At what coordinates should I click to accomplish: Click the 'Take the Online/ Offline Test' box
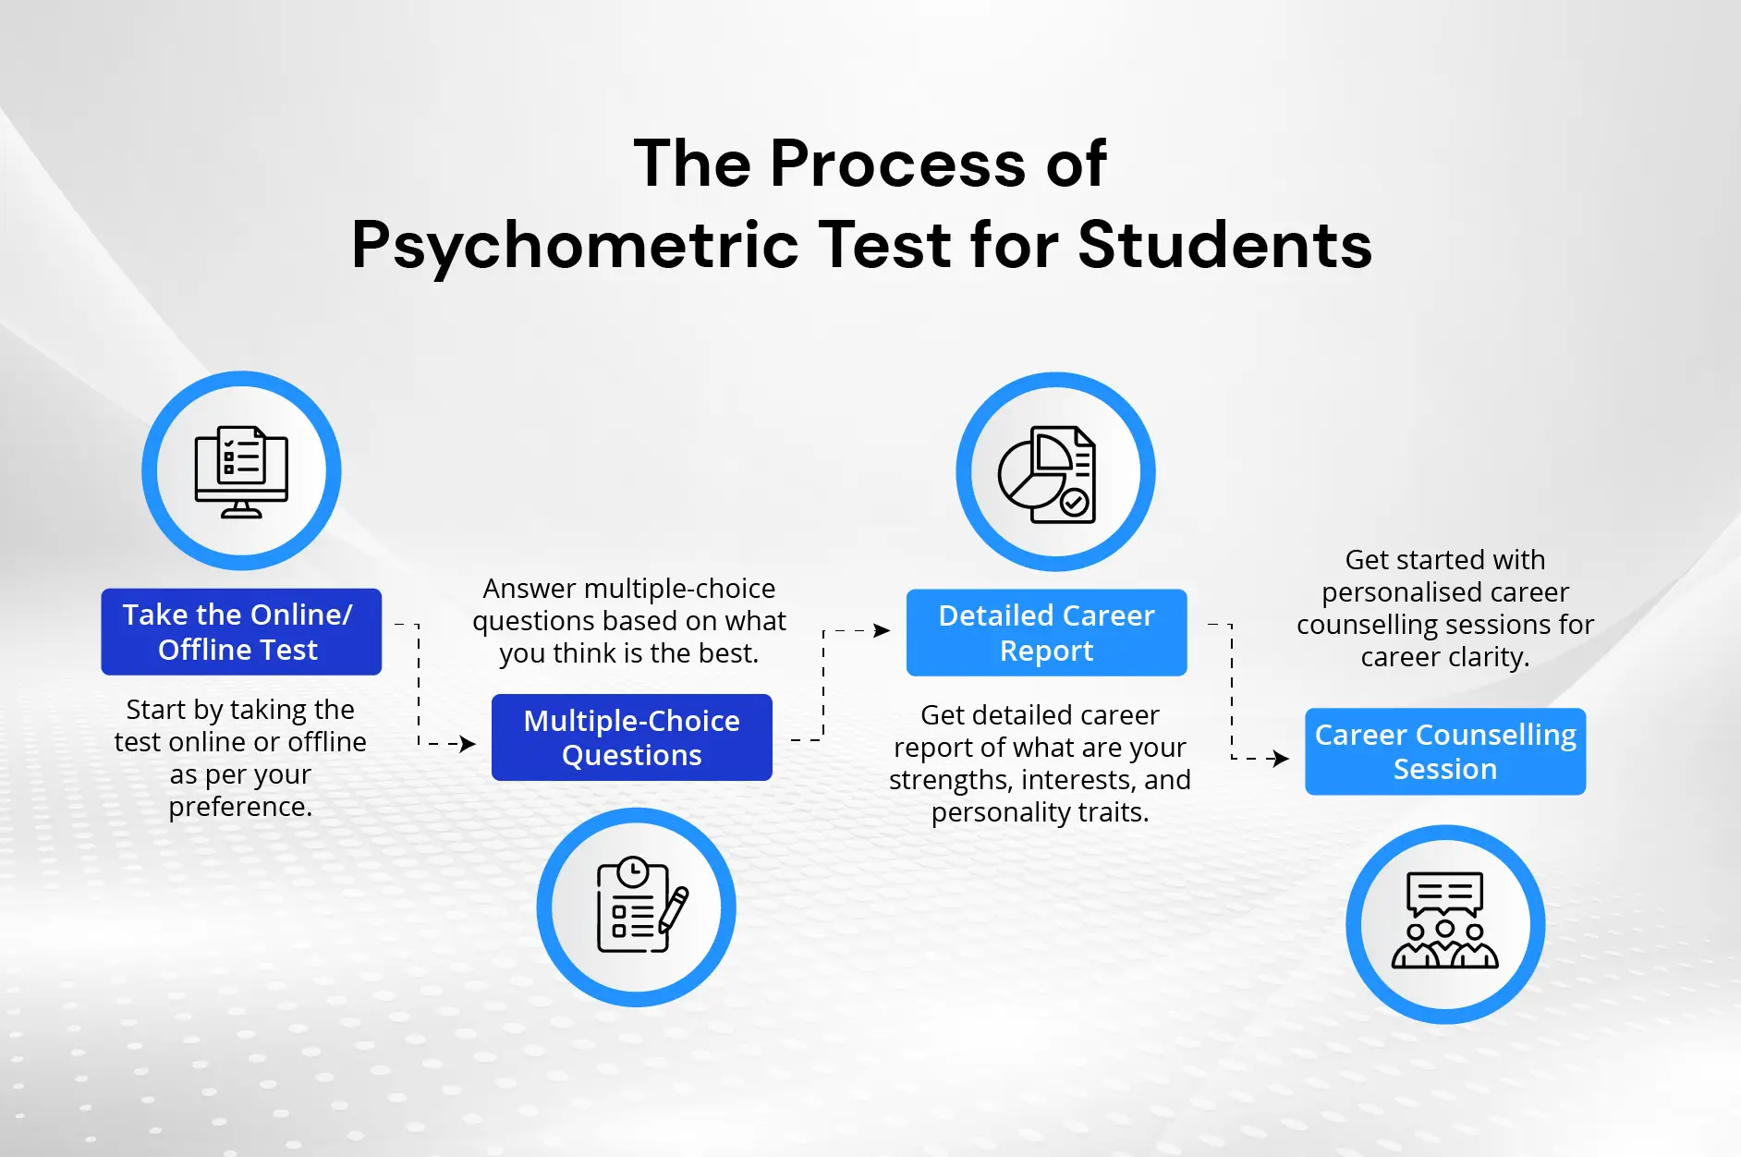click(241, 632)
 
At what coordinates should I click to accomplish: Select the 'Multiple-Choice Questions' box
click(632, 737)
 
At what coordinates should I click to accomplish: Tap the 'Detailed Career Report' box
click(1047, 632)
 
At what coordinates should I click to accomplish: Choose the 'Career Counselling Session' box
click(1445, 751)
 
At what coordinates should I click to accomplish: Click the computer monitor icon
click(241, 471)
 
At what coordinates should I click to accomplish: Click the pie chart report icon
click(1047, 474)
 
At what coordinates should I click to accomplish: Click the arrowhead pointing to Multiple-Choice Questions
click(468, 743)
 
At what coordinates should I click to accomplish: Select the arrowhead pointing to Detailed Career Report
click(882, 630)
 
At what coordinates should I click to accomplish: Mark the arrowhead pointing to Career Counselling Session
click(1281, 759)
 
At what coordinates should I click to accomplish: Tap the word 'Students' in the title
click(1225, 245)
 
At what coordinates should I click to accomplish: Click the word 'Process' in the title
click(898, 164)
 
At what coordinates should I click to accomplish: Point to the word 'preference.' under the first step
click(240, 807)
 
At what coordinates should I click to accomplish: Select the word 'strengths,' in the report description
click(951, 780)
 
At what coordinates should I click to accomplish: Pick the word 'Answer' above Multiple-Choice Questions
click(530, 589)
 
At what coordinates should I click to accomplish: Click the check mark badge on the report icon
click(1074, 503)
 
